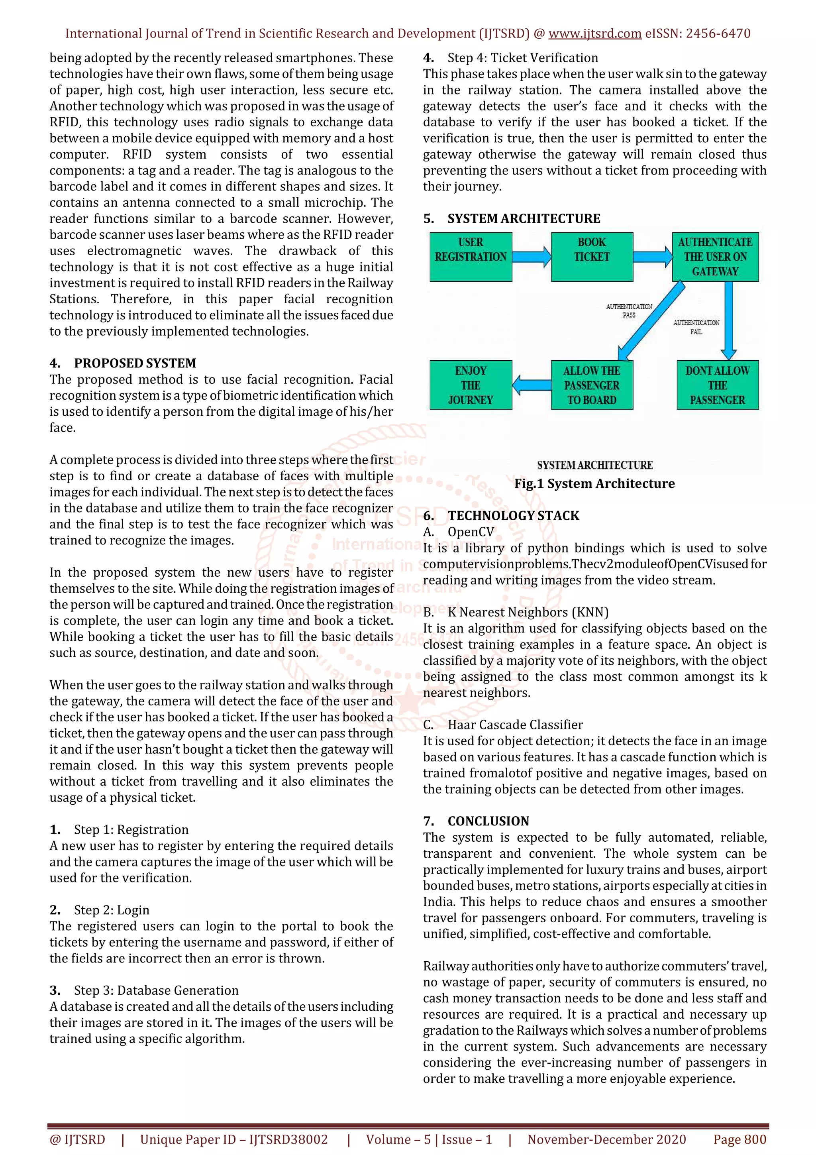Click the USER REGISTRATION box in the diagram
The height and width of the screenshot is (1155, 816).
pos(471,257)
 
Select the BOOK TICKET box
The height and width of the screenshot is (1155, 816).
pos(592,257)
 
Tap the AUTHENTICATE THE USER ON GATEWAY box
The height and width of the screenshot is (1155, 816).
pos(715,257)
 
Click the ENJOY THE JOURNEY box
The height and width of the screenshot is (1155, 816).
pos(471,385)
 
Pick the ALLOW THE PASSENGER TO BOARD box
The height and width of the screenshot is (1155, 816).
pos(592,385)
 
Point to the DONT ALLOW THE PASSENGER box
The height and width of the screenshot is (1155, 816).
pos(718,385)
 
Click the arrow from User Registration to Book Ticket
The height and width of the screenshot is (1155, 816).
pos(532,257)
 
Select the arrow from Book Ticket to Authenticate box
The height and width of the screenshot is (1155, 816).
pos(653,257)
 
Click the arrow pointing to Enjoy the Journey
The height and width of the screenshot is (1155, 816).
pos(532,385)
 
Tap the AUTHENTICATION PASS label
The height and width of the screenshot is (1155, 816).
pos(629,310)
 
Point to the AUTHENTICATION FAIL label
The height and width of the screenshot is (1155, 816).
pos(696,327)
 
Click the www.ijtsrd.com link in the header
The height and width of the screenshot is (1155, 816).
pos(595,34)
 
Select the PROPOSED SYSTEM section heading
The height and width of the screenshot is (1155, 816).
pos(135,363)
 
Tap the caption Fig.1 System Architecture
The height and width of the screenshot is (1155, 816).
pos(594,483)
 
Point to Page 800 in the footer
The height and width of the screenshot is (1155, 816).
pos(739,1139)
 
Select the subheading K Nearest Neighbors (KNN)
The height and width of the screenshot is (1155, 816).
pos(528,612)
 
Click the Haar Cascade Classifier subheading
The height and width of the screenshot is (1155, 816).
pos(515,725)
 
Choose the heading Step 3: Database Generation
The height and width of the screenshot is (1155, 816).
pos(156,990)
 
